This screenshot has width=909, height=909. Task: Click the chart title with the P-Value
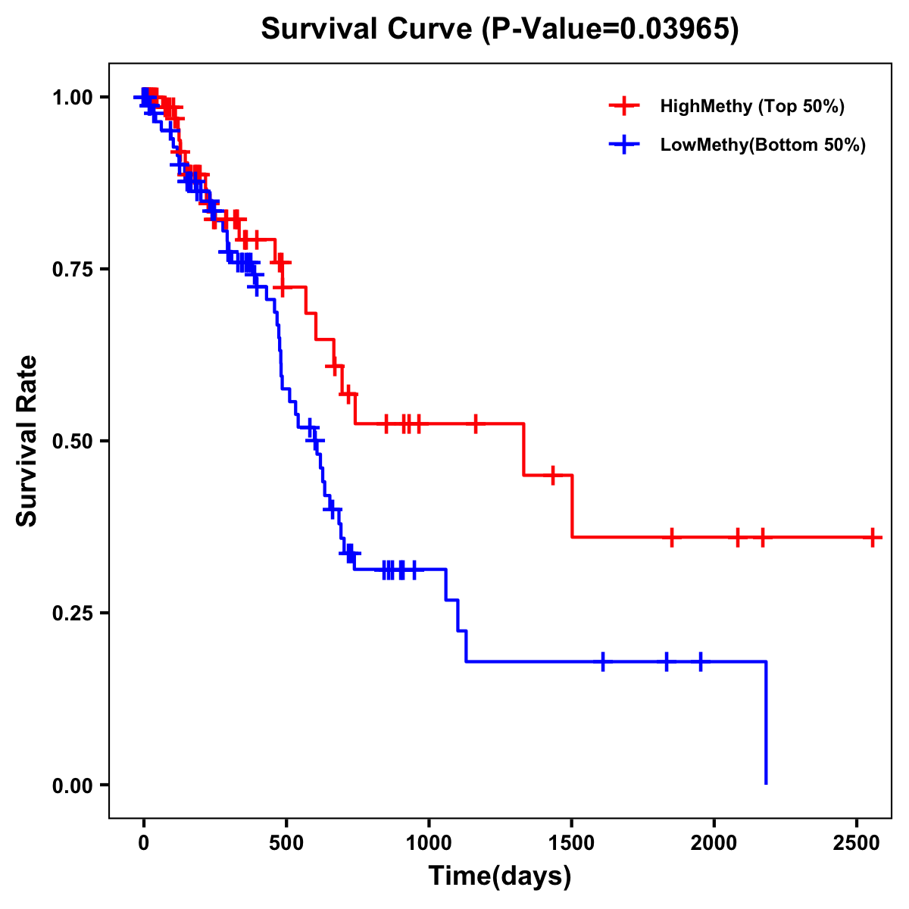(x=499, y=29)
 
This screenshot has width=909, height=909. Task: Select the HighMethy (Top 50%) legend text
(x=752, y=106)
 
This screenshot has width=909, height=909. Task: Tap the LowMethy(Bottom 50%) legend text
(x=763, y=145)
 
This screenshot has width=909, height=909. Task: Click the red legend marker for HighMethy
(x=624, y=106)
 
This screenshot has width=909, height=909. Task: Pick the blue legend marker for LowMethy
(x=624, y=145)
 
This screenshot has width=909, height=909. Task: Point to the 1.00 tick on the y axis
(x=72, y=98)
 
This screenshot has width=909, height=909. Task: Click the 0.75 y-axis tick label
(x=72, y=270)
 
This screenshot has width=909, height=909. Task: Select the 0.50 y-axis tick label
(x=72, y=442)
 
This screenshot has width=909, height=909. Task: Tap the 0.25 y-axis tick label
(x=72, y=614)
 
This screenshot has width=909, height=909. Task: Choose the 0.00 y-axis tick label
(x=72, y=786)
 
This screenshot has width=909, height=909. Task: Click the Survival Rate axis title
(x=27, y=440)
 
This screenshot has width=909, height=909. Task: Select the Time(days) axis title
(x=500, y=876)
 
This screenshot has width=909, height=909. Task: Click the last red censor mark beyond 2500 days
(x=873, y=537)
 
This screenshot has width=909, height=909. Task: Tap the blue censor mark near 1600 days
(x=603, y=661)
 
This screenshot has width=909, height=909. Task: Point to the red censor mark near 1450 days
(x=553, y=475)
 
